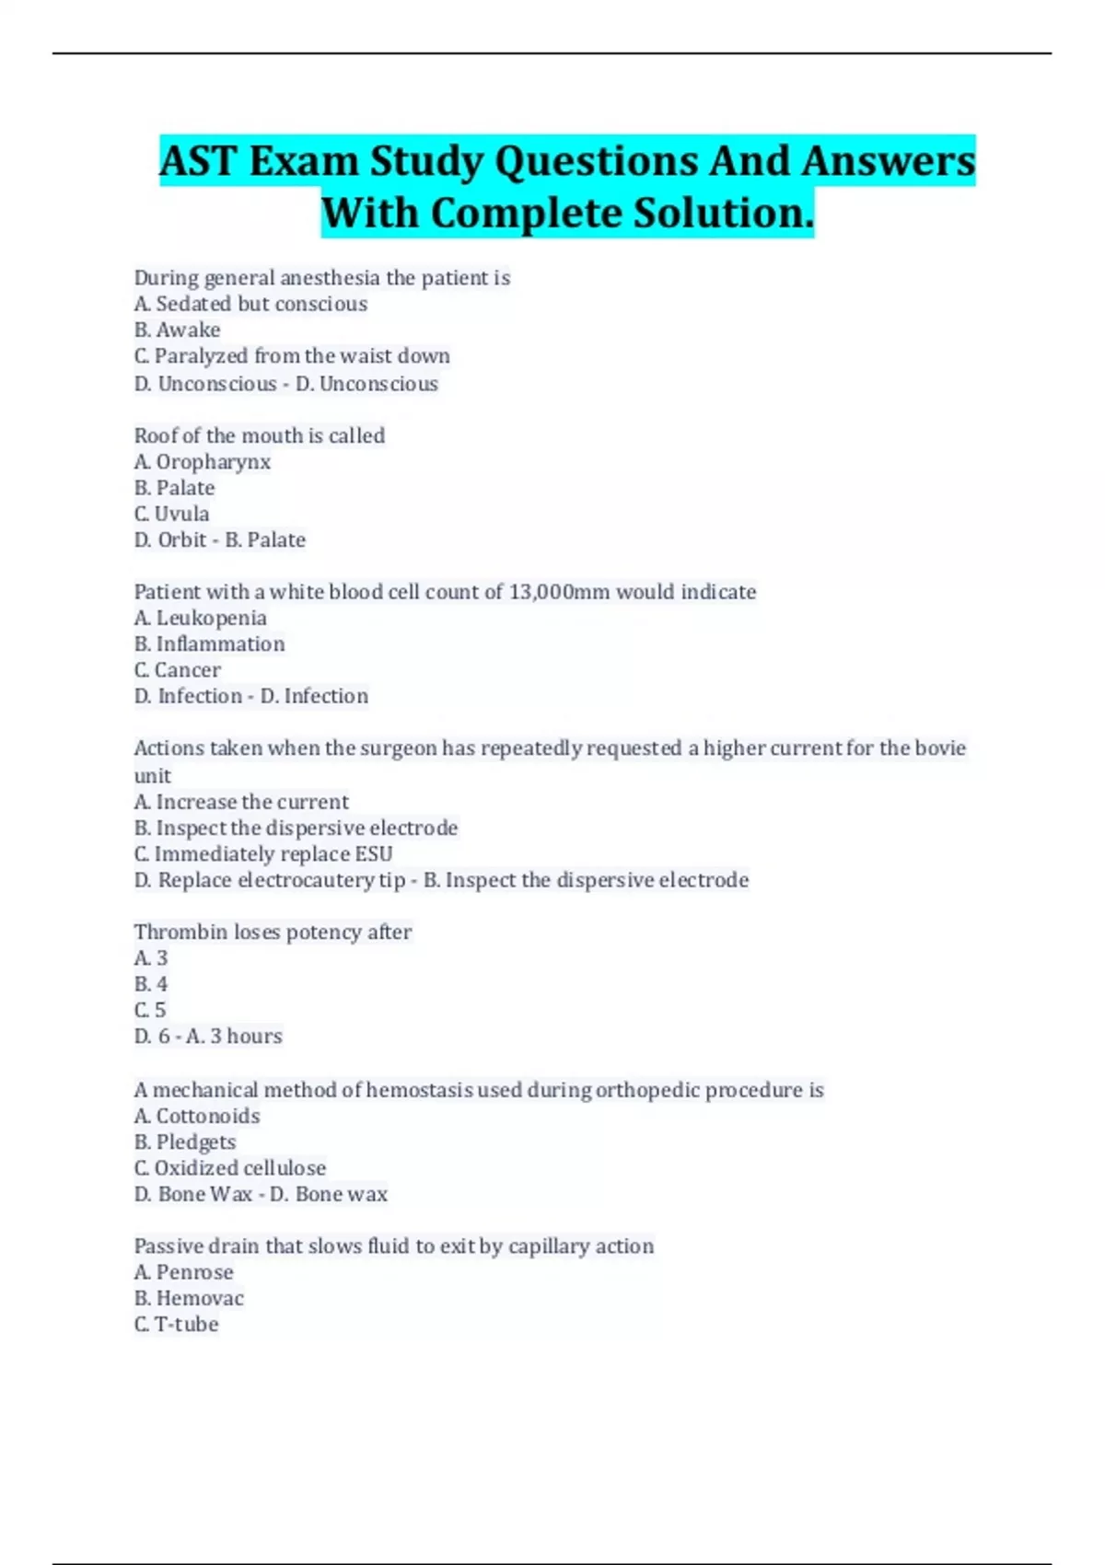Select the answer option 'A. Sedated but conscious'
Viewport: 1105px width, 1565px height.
pos(250,304)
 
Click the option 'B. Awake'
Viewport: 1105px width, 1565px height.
pos(178,330)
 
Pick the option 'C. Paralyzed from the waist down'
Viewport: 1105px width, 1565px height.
pos(292,356)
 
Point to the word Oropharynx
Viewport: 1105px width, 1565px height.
pos(213,462)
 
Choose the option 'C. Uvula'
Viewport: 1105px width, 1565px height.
pos(172,514)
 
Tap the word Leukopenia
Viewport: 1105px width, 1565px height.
pos(211,619)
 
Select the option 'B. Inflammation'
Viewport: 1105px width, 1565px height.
pos(210,644)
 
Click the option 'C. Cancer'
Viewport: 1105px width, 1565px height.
pos(178,670)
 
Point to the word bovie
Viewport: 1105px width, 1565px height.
pos(940,748)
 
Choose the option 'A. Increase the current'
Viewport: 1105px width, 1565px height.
pos(241,802)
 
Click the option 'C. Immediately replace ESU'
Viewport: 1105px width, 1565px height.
pos(263,854)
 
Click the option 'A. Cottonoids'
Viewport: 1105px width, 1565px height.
pos(197,1117)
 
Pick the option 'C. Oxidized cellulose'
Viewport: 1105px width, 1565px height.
pos(230,1168)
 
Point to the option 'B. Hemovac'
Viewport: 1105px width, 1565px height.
pos(189,1299)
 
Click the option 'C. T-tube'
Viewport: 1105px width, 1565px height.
pos(177,1325)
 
